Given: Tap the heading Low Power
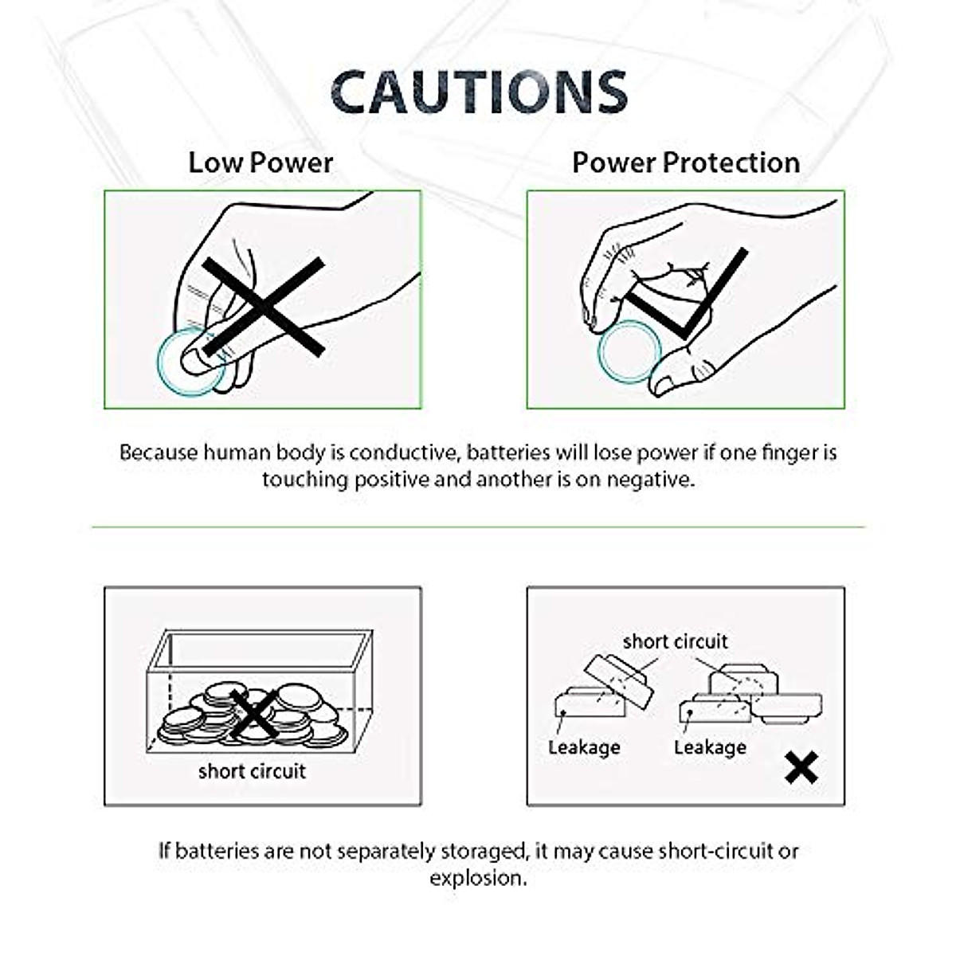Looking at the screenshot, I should [261, 163].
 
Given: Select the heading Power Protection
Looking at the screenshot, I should [686, 163].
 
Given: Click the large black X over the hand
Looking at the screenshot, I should [264, 307].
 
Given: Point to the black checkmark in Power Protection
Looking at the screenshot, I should [689, 299].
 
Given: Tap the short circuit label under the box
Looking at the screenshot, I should [252, 771].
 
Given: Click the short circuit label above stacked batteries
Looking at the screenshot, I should [675, 641].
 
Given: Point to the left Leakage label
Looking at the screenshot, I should [584, 747].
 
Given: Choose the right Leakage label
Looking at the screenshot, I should [710, 747].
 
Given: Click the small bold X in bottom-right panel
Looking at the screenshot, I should [801, 767].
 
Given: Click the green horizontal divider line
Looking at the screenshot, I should [478, 527].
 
